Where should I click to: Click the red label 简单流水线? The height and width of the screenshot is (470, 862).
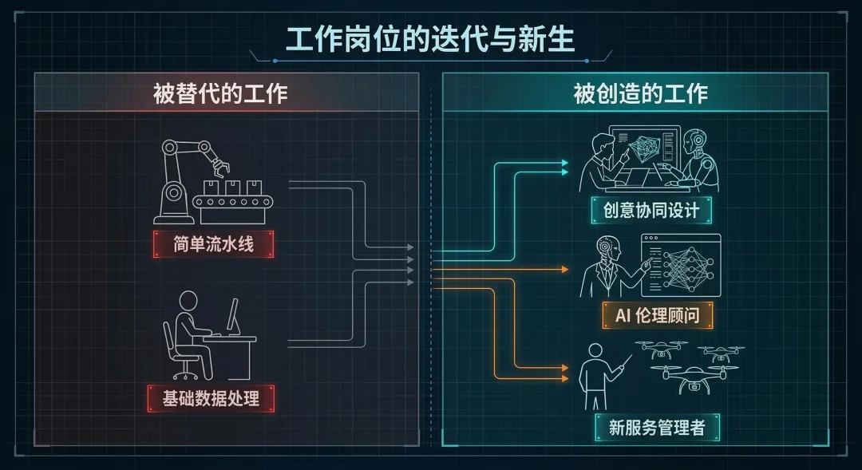coord(213,244)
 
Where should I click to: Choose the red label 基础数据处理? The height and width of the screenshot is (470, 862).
coord(212,398)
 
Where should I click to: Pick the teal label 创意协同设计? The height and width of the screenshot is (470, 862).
coord(651,211)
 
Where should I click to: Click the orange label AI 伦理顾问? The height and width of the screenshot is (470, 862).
coord(657,315)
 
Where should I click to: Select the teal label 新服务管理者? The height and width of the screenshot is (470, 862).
coord(657,428)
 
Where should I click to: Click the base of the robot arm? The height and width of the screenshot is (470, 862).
coord(173,203)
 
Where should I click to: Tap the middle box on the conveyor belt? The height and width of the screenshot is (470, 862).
coord(232,188)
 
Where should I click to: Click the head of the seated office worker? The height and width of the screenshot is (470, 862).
coord(188,302)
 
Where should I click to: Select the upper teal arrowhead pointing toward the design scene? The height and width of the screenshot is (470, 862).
coord(565,163)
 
